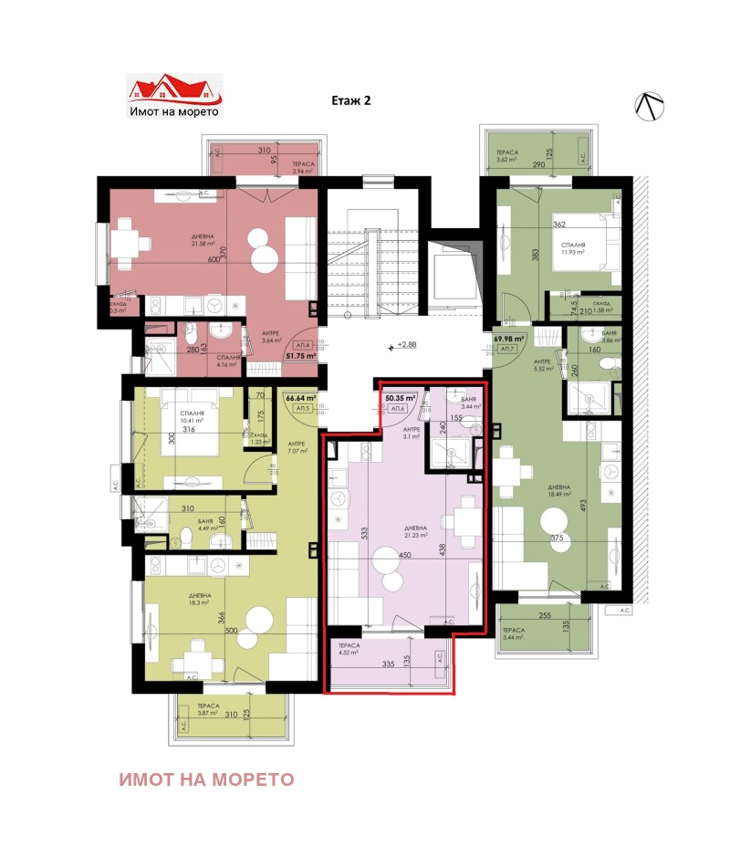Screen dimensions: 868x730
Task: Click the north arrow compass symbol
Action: pos(649,107)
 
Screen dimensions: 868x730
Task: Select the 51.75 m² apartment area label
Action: pos(300,356)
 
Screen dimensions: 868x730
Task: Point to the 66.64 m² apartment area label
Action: pos(299,398)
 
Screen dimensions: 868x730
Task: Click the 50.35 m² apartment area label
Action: pos(400,399)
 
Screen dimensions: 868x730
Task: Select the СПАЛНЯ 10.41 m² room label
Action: pos(192,417)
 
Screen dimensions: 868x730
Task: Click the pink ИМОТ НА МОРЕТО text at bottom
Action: pos(206,779)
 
